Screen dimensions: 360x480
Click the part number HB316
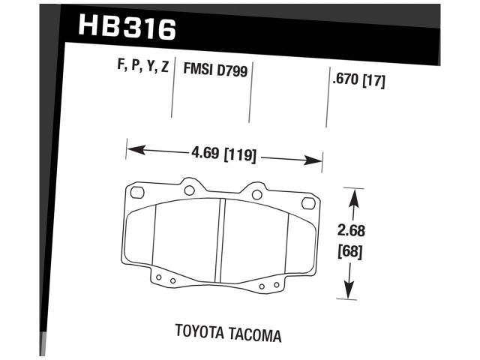coord(127,28)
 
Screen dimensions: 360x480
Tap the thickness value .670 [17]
coord(358,81)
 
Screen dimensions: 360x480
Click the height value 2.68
coord(351,231)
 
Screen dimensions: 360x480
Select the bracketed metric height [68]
coord(351,251)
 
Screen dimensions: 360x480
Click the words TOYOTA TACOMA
coord(229,332)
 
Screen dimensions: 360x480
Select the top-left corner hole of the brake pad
coord(136,193)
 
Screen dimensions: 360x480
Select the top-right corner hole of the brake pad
coord(307,203)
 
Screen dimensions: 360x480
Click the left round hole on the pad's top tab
coord(190,189)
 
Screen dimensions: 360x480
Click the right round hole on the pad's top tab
coord(256,195)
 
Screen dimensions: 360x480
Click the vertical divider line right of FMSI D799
coord(250,94)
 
